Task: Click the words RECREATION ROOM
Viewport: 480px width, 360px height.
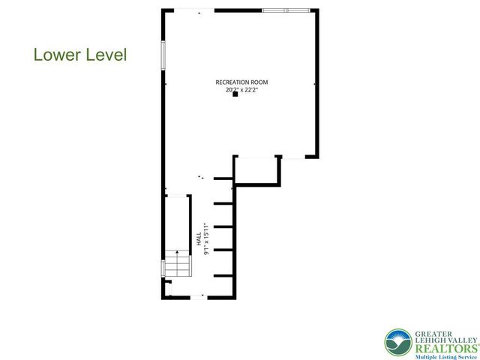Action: point(241,82)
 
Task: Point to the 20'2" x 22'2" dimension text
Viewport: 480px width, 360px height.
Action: point(241,89)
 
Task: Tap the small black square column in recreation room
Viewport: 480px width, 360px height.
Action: point(235,95)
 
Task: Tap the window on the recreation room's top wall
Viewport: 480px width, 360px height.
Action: point(285,10)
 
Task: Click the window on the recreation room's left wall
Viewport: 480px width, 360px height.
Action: point(163,54)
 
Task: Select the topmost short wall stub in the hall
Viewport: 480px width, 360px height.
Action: point(223,178)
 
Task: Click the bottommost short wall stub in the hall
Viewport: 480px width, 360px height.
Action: point(223,276)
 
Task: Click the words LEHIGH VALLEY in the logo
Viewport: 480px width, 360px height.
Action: point(446,338)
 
